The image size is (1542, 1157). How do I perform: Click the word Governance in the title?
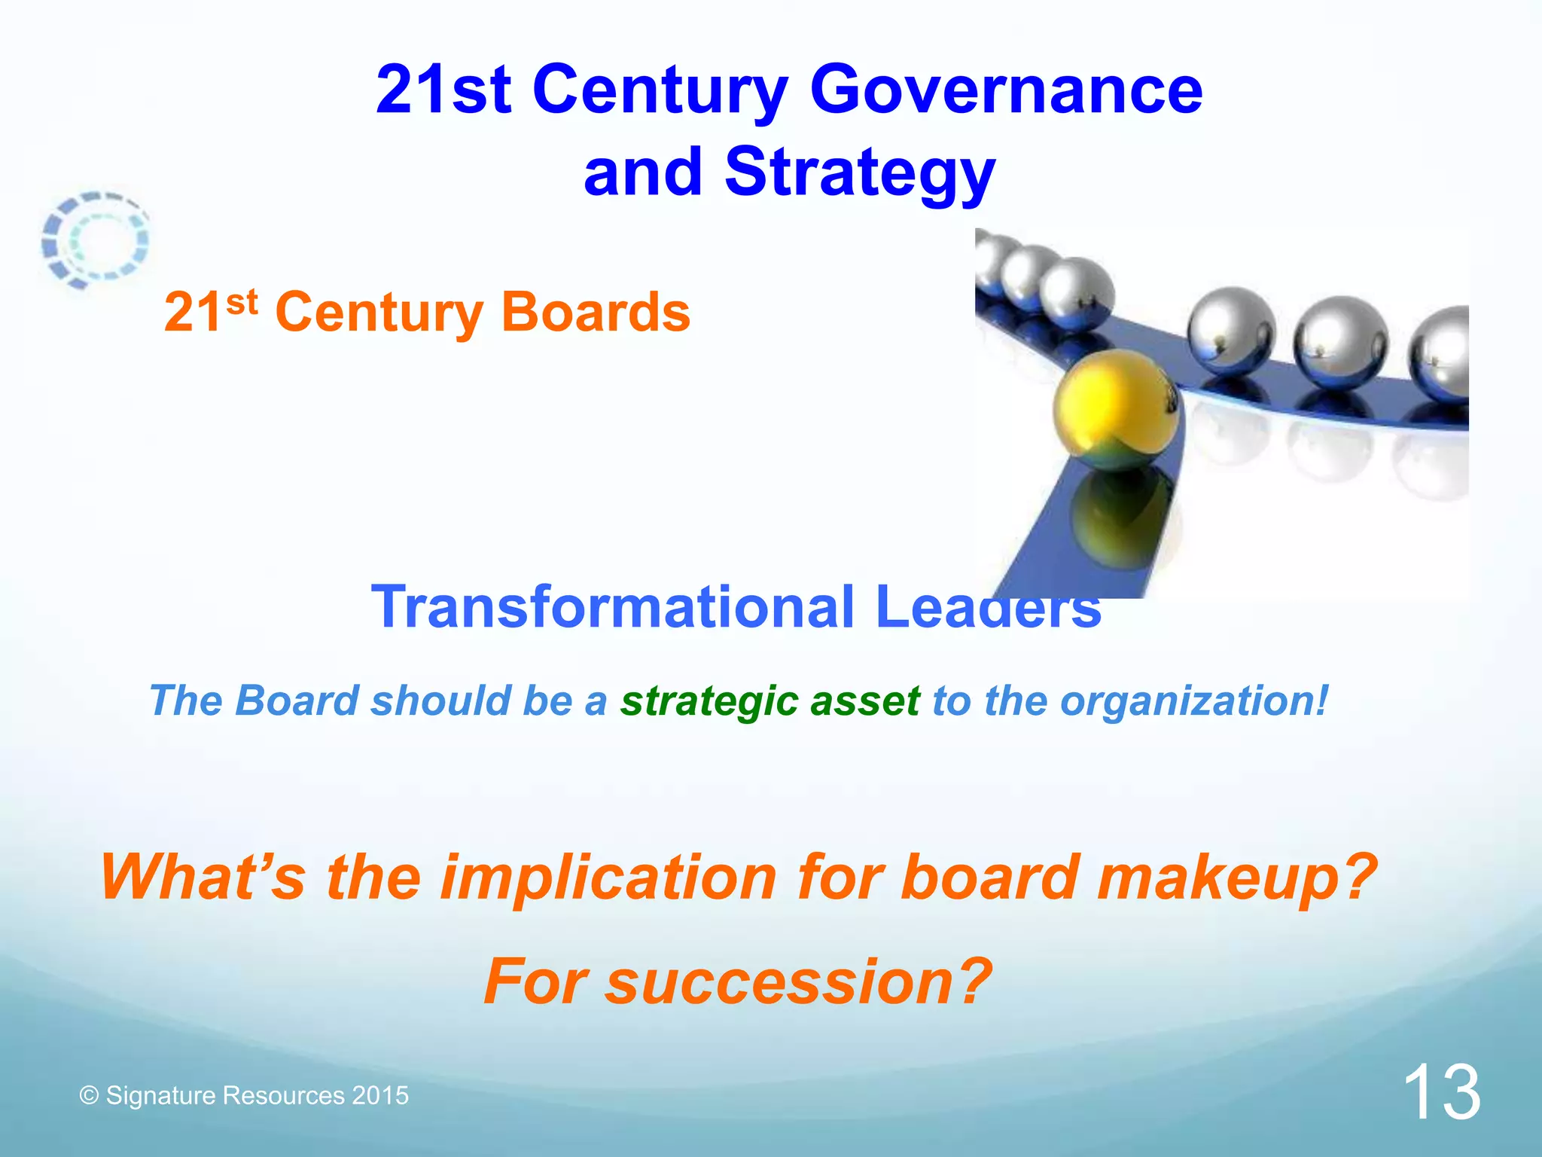(x=1006, y=90)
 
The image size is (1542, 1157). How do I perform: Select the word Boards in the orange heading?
(x=595, y=312)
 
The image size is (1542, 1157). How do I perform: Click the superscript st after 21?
(x=242, y=302)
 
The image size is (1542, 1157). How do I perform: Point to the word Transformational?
(x=613, y=607)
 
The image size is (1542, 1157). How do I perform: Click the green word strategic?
(x=709, y=702)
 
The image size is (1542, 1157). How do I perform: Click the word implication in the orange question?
(x=608, y=878)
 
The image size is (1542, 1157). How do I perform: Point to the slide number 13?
(x=1441, y=1093)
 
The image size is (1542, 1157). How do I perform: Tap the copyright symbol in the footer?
(x=89, y=1095)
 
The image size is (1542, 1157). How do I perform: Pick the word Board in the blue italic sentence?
(x=297, y=702)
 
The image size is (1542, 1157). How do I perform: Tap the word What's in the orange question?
(x=203, y=878)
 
